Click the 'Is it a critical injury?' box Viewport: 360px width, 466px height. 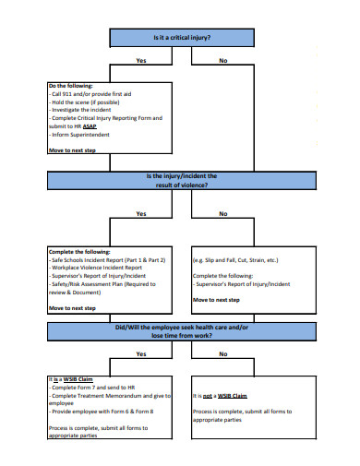[181, 38]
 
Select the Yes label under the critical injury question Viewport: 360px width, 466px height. [140, 61]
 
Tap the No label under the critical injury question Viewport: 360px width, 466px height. [222, 61]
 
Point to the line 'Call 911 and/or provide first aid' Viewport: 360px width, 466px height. [93, 94]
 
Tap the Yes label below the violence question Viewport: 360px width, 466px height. [140, 213]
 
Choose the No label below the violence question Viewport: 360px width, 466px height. [222, 213]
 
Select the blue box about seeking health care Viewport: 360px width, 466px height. [181, 330]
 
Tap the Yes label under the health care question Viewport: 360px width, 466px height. [140, 353]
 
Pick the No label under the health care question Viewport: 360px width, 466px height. [222, 353]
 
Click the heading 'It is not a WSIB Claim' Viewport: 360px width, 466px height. [220, 395]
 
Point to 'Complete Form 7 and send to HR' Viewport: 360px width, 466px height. [92, 388]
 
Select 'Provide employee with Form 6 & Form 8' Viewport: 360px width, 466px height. [101, 411]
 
